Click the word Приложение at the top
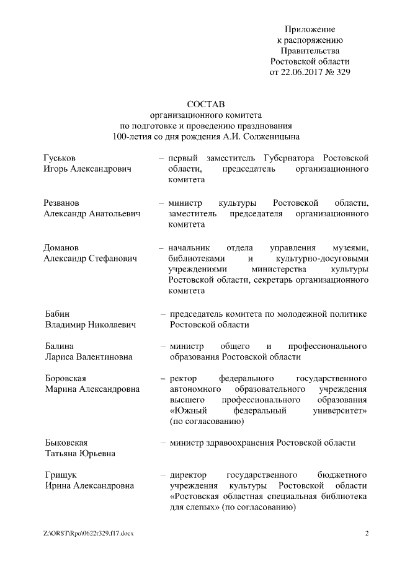click(x=310, y=29)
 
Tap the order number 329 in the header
click(x=342, y=72)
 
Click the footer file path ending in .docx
click(x=88, y=533)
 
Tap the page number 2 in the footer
click(x=367, y=533)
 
